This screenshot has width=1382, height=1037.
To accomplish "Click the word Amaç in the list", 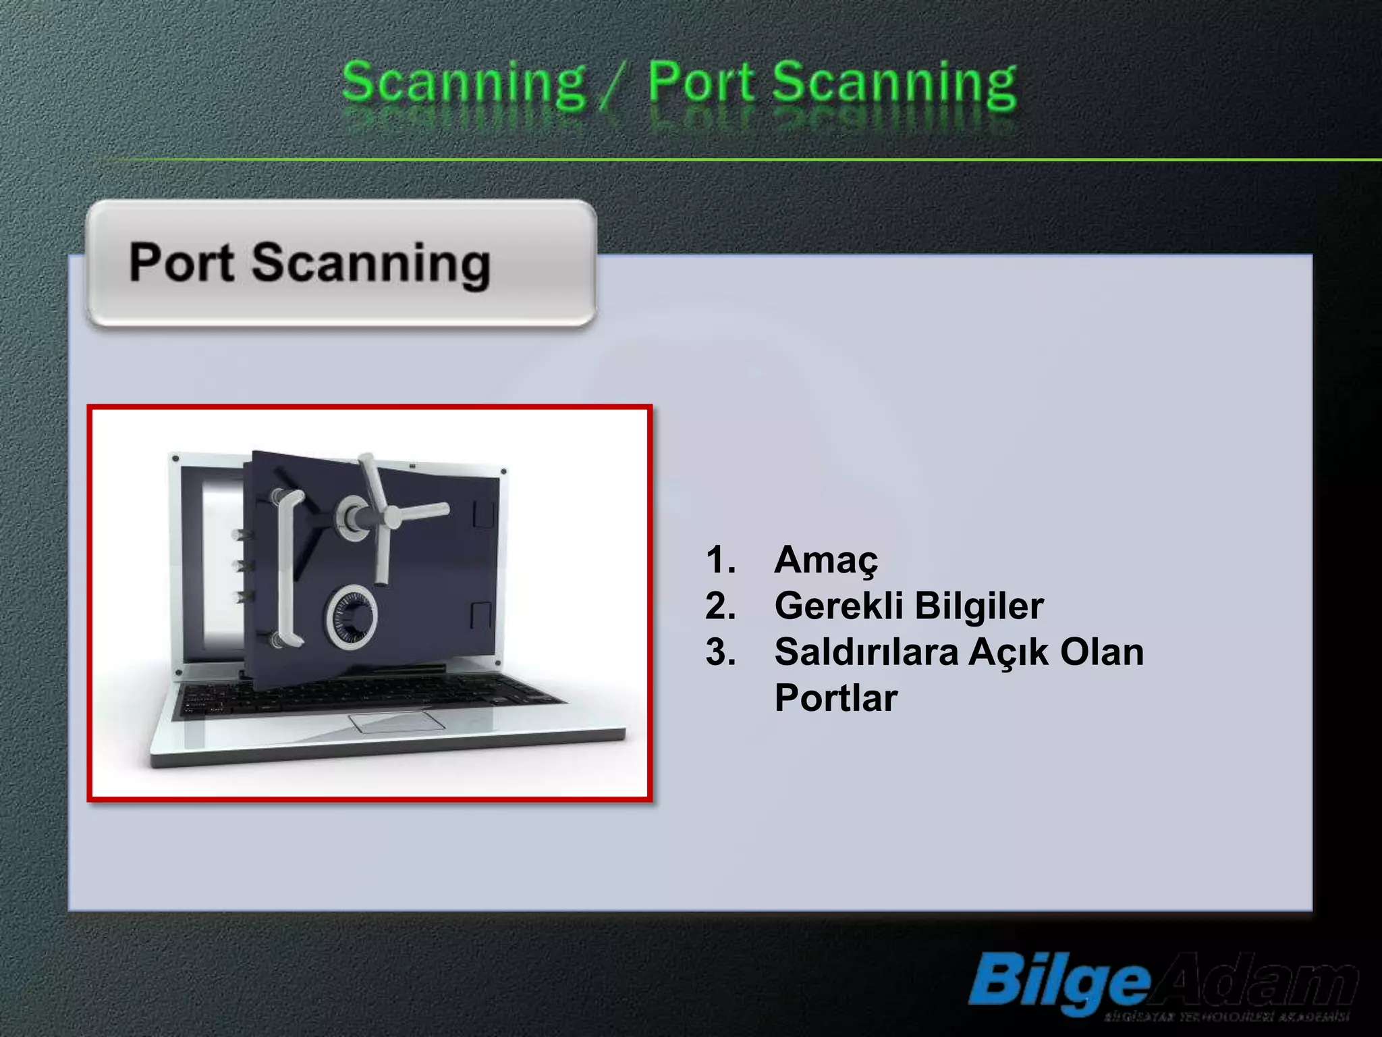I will [826, 560].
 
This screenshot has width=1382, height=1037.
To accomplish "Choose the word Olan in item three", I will [1102, 652].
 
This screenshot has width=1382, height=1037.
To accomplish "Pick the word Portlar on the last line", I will [835, 698].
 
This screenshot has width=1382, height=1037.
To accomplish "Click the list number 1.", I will [720, 560].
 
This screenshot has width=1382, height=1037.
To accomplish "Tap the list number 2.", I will [720, 606].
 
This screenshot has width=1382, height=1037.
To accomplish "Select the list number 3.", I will [720, 652].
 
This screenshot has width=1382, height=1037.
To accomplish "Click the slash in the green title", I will [616, 86].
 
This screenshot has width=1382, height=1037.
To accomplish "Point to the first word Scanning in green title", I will [464, 84].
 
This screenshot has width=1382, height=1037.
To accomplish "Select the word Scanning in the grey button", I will [370, 265].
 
